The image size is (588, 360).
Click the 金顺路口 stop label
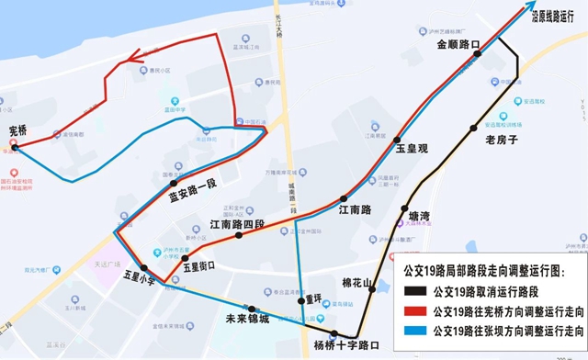(x=458, y=43)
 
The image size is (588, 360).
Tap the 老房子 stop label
(x=502, y=140)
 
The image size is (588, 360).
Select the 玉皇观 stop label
(x=413, y=147)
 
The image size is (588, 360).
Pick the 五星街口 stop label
(x=198, y=266)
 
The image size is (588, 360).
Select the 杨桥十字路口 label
(x=345, y=345)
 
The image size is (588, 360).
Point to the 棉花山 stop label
(x=356, y=283)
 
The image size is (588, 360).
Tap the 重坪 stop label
(x=314, y=298)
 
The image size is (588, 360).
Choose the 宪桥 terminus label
(x=18, y=130)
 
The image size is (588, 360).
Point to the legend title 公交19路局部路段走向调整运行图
(x=485, y=273)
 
